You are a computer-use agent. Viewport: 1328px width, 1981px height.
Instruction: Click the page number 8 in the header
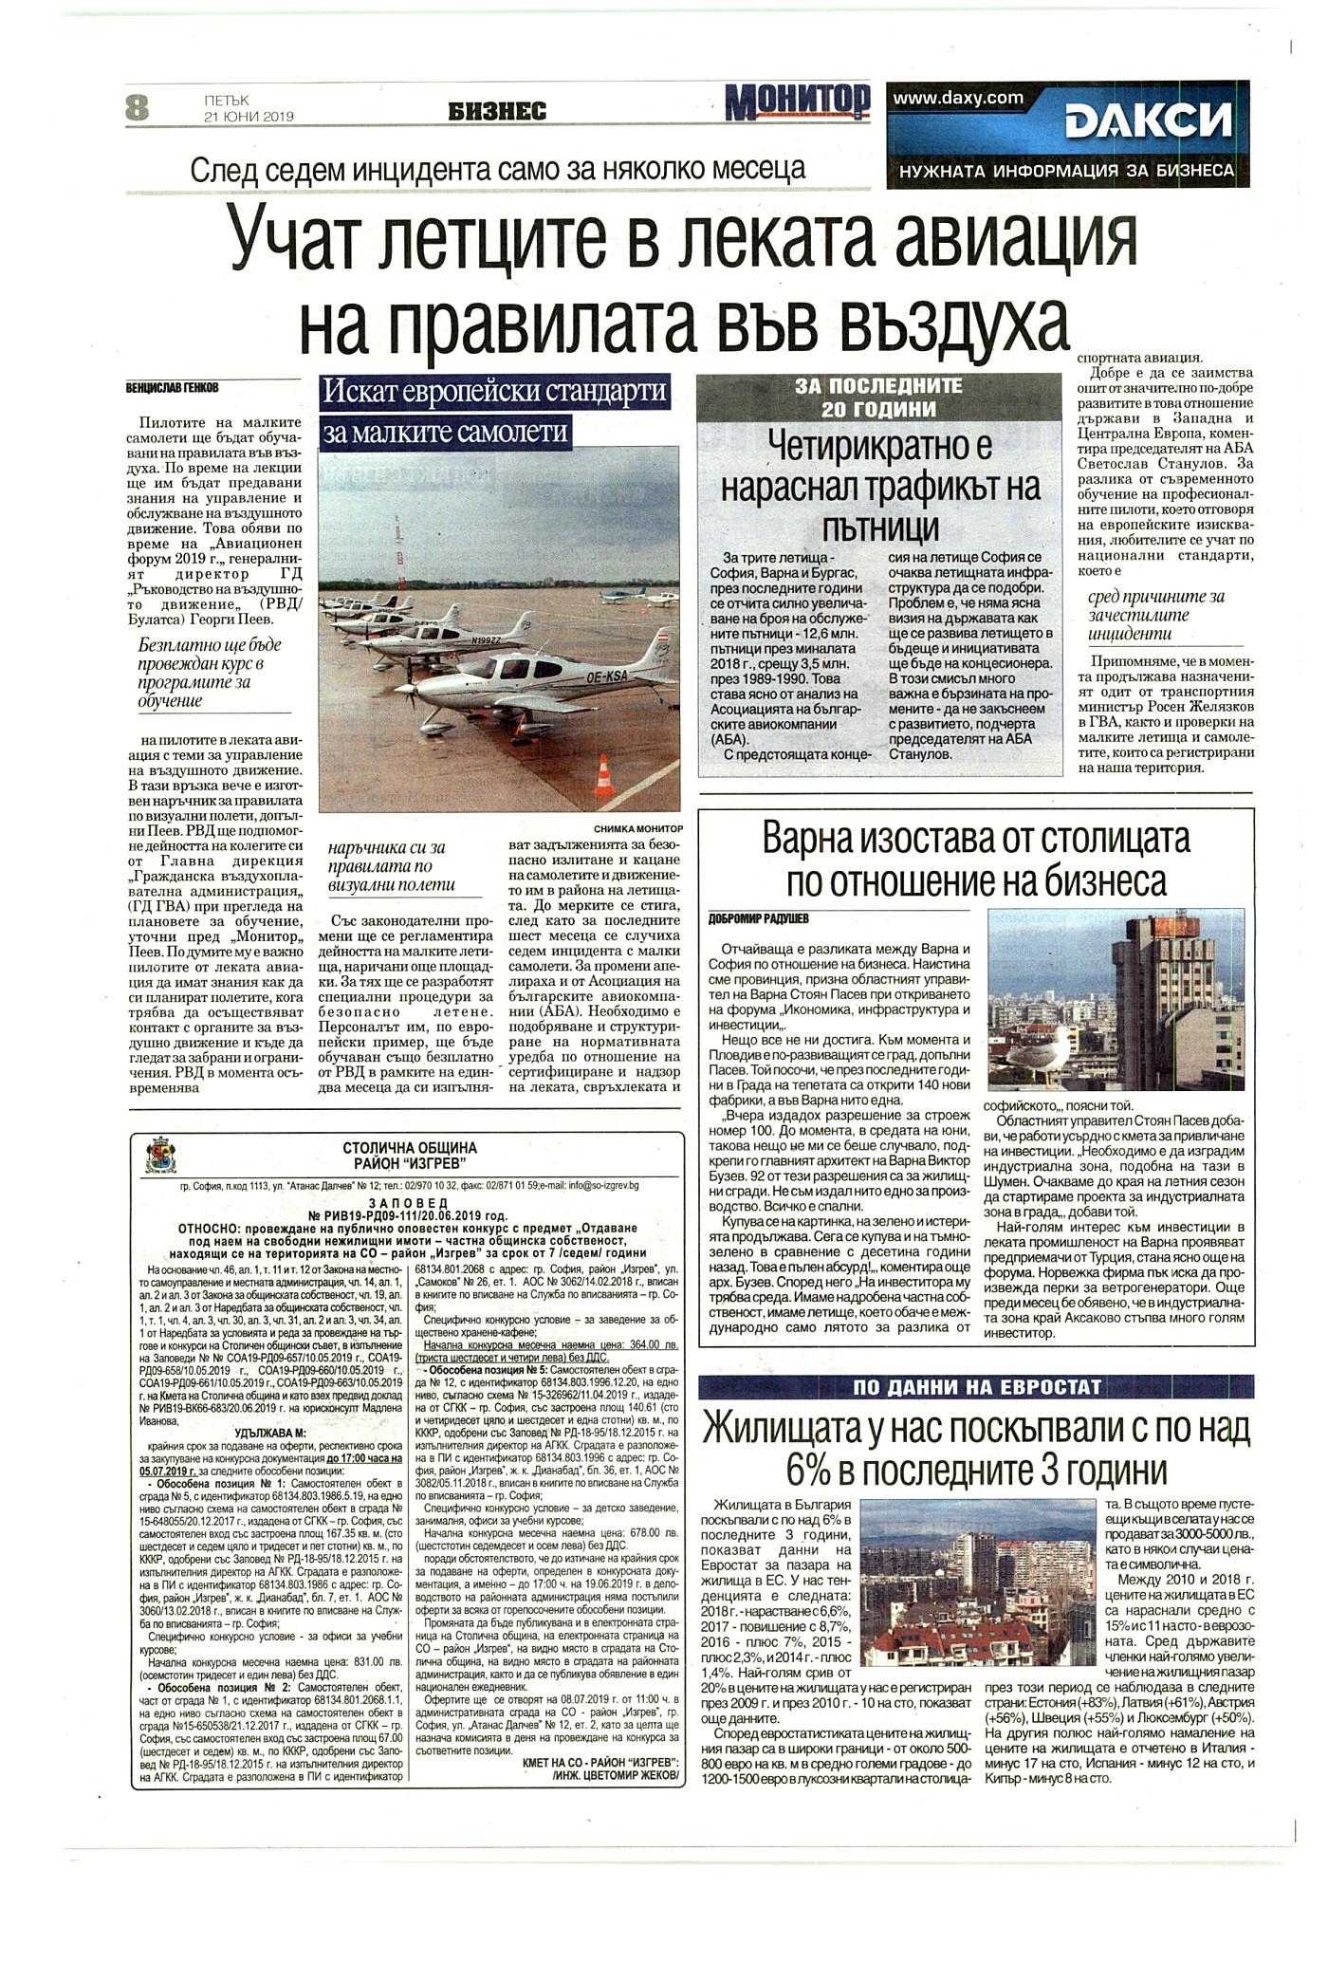[138, 107]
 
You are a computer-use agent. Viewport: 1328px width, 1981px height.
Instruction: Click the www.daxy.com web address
[958, 97]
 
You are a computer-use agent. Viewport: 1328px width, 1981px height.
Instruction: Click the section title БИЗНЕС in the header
[498, 112]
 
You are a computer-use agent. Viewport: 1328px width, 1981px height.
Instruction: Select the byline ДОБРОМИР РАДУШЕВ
[762, 918]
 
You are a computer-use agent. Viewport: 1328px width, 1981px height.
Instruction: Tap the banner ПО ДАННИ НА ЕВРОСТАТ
[976, 1387]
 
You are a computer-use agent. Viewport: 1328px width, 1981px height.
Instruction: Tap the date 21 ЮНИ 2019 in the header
[249, 117]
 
